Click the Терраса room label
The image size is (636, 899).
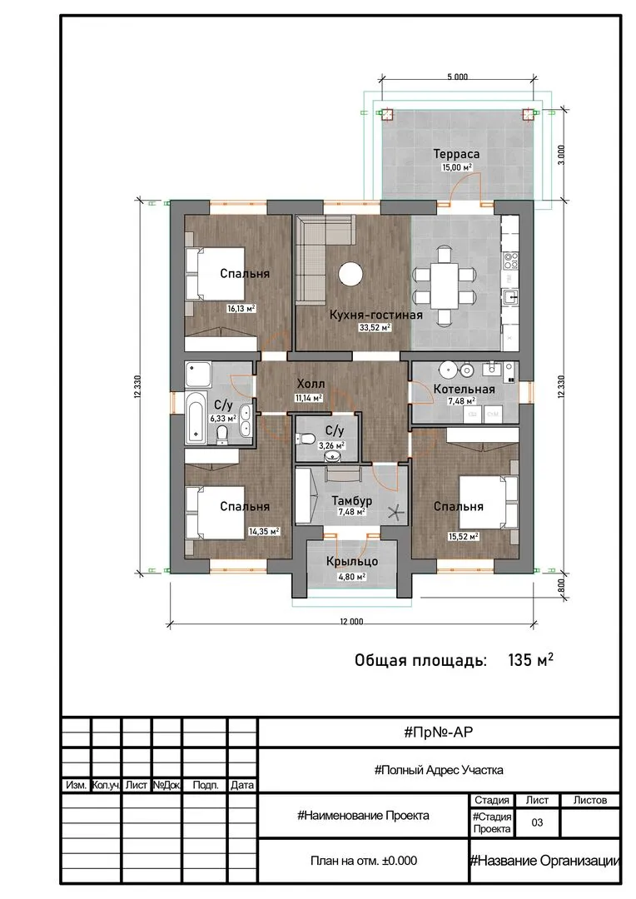(x=456, y=154)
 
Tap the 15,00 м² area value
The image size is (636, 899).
(x=456, y=167)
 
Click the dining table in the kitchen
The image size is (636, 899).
(x=445, y=286)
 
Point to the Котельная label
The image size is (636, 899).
(x=464, y=390)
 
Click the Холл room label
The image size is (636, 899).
(x=311, y=384)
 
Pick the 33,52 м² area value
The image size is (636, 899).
(x=375, y=328)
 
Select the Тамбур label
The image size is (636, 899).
(x=351, y=500)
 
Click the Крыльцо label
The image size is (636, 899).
(x=351, y=561)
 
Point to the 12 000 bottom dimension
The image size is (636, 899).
(x=351, y=622)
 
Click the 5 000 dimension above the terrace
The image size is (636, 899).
(x=457, y=77)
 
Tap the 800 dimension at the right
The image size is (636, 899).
(x=561, y=585)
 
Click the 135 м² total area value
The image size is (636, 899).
(x=530, y=660)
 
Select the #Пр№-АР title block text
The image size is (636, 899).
(x=439, y=732)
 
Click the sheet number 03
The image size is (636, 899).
(x=537, y=822)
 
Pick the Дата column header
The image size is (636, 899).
(x=242, y=785)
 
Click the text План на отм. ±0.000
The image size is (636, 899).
(x=364, y=861)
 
